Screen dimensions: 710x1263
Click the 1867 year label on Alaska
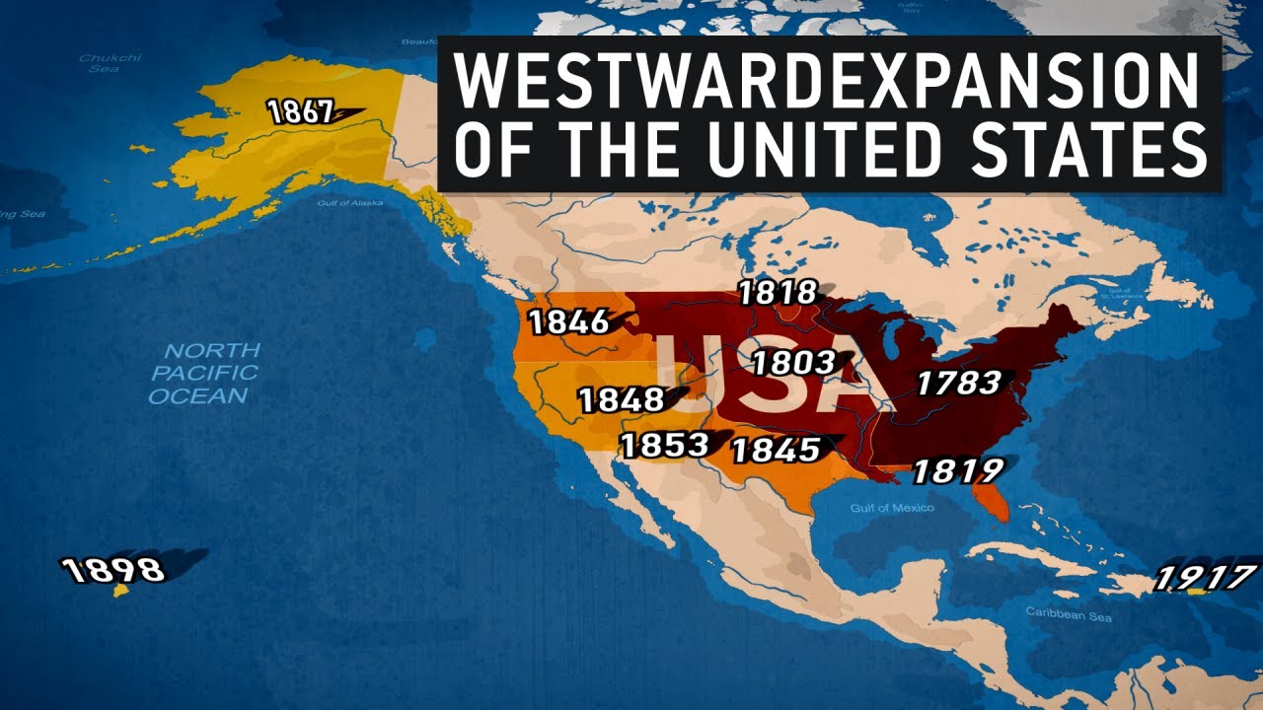[x=301, y=112]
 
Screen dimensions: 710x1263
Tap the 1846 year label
[x=568, y=322]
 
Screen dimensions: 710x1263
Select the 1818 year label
[x=778, y=293]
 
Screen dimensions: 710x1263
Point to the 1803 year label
[x=793, y=363]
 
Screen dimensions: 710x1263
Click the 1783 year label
[x=958, y=383]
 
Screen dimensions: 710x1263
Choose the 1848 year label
[x=622, y=400]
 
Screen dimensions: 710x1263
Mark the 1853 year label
[x=664, y=446]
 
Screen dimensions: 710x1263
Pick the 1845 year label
[x=777, y=450]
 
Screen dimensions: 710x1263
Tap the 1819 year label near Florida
[x=957, y=471]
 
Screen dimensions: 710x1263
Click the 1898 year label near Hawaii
[x=112, y=569]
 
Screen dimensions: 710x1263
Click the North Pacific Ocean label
[x=205, y=373]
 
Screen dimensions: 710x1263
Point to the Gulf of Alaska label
[x=350, y=203]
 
